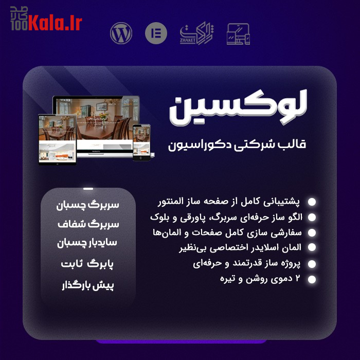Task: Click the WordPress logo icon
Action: [121, 33]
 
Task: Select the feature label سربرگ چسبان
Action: [87, 205]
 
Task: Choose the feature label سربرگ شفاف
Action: [87, 225]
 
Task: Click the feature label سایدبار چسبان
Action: [87, 244]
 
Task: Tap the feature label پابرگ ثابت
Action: [87, 264]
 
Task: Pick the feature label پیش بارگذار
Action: [87, 285]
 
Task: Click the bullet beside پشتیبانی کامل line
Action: [312, 202]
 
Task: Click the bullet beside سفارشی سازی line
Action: [312, 232]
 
